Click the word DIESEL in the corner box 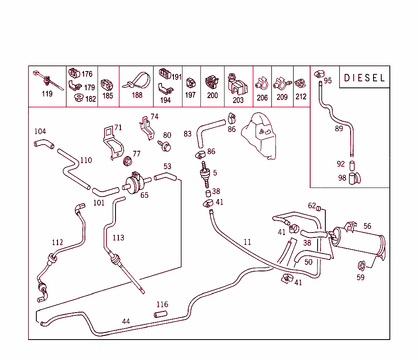[x=365, y=78]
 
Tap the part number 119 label [x=47, y=94]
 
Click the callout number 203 [x=238, y=100]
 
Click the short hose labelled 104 [x=43, y=144]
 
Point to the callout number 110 [x=86, y=160]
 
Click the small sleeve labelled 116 [x=161, y=315]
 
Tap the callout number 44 [x=126, y=322]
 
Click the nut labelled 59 [x=361, y=266]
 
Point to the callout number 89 [x=339, y=129]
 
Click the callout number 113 [x=118, y=237]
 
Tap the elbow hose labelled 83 [x=208, y=131]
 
